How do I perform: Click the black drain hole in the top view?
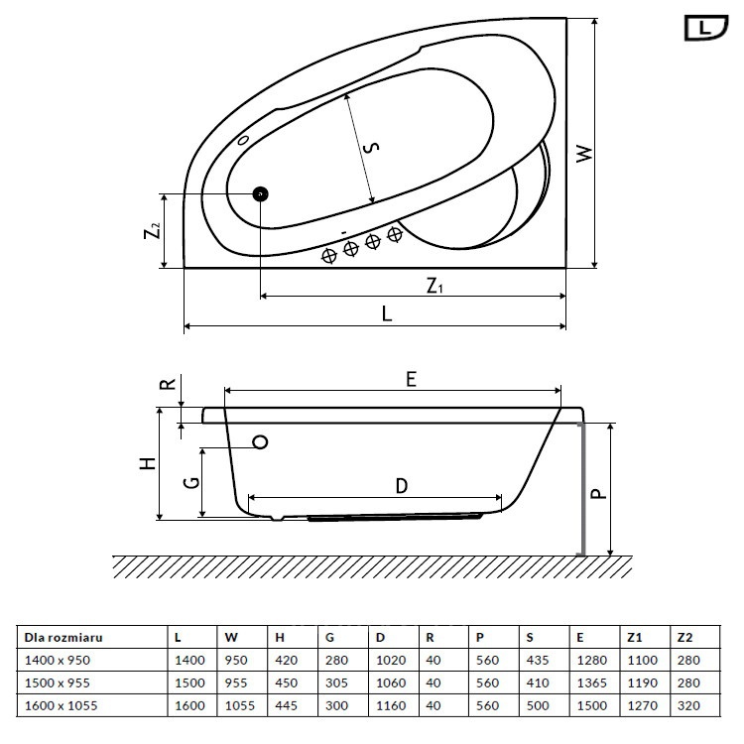tap(261, 194)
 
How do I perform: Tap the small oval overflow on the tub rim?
tap(243, 140)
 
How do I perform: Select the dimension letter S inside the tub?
tap(371, 148)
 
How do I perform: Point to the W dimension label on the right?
tap(584, 153)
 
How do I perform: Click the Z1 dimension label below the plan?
tap(434, 286)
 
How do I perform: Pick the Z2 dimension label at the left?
tap(153, 230)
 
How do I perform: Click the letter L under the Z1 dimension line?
tap(387, 313)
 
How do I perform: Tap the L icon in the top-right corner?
tap(706, 28)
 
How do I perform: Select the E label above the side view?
tap(412, 379)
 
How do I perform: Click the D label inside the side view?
tap(402, 486)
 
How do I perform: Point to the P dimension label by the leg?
tap(599, 494)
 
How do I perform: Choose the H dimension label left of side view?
tap(148, 463)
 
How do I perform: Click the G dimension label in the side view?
tap(191, 483)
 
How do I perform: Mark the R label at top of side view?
tap(168, 384)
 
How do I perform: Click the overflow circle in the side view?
tap(261, 442)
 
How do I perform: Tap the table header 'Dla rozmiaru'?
tap(63, 637)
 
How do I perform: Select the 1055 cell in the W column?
tap(240, 705)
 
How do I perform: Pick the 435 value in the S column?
tap(538, 660)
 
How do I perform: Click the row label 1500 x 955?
tap(57, 682)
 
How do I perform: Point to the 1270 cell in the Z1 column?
tap(643, 705)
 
